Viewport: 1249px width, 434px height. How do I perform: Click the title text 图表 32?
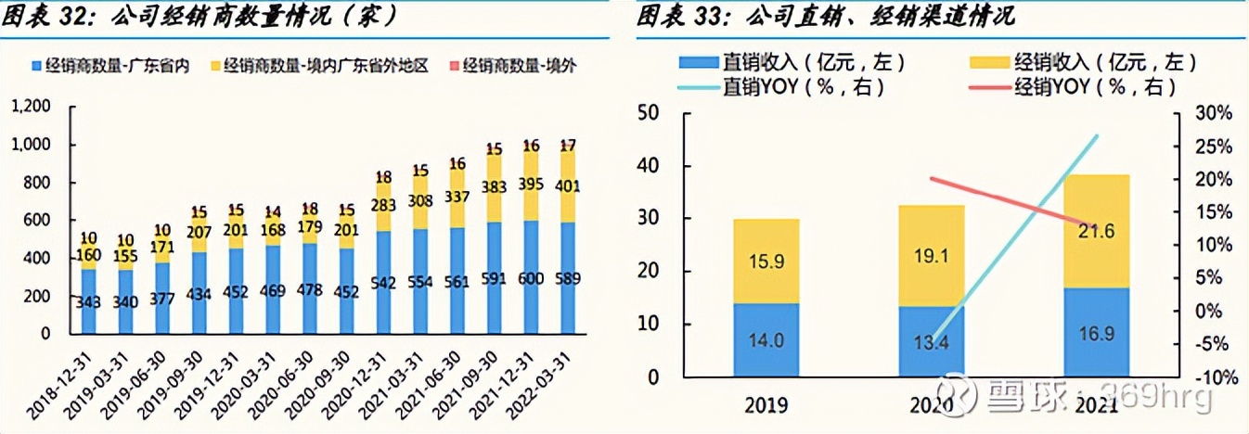click(46, 16)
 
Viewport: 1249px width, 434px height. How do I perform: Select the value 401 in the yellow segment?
click(568, 187)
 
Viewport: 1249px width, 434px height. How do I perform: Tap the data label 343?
click(88, 302)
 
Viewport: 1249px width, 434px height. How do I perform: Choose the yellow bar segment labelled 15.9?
click(766, 262)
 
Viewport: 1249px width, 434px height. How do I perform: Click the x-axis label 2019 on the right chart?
click(766, 405)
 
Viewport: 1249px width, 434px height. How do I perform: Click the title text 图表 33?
click(681, 16)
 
